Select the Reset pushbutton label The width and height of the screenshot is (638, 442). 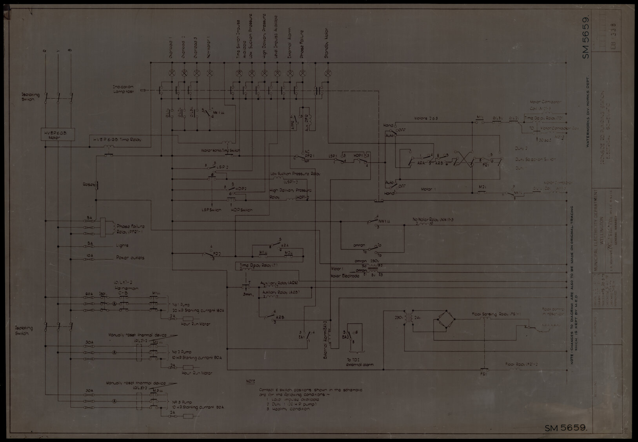[88, 184]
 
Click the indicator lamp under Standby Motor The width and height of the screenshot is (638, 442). [328, 73]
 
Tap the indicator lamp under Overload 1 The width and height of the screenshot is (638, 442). [171, 73]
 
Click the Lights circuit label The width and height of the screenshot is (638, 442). [122, 246]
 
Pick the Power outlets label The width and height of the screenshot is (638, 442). [130, 258]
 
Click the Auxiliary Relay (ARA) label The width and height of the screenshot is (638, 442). [279, 283]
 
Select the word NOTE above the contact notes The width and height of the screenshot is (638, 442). [250, 381]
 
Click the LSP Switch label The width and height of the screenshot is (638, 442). [211, 210]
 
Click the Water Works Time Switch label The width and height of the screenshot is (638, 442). [220, 151]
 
